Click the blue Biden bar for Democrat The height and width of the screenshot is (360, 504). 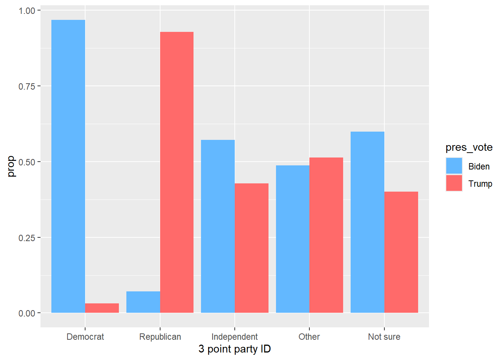68,166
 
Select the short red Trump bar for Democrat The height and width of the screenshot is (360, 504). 102,308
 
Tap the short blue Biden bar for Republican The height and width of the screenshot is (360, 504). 143,302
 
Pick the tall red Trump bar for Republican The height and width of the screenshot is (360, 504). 177,172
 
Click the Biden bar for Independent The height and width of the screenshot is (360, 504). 218,226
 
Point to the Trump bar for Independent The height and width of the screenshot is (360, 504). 252,248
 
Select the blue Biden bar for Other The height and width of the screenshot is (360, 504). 293,239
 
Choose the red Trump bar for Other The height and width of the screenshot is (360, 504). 326,235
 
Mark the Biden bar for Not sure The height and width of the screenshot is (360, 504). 367,222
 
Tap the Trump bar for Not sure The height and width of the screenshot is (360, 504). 401,252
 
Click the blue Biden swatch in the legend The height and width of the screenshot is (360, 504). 454,166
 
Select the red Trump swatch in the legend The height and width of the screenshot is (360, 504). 454,183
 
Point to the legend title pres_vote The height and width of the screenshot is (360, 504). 469,148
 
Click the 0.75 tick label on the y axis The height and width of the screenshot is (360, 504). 27,86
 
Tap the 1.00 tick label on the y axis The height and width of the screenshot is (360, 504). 27,11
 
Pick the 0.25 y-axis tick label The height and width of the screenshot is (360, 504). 27,238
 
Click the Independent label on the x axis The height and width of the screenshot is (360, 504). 234,337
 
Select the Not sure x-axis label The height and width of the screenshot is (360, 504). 384,337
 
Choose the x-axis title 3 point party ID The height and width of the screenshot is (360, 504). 234,349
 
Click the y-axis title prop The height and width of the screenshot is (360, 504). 11,166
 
